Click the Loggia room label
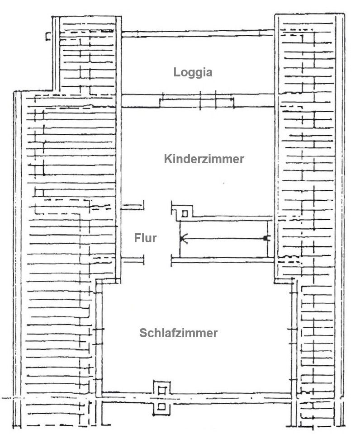point(193,73)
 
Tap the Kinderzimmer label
point(204,159)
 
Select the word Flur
point(145,238)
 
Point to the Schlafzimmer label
point(178,333)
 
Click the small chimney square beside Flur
point(185,214)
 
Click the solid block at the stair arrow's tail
point(266,239)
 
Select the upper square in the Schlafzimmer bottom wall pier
point(161,391)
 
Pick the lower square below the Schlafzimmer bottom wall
point(161,407)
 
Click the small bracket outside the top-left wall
point(48,36)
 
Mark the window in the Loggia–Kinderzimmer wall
point(197,100)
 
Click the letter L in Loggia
point(176,72)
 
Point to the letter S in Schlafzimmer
point(143,333)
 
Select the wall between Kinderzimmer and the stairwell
point(233,218)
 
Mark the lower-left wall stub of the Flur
point(132,260)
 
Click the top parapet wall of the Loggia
point(198,33)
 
